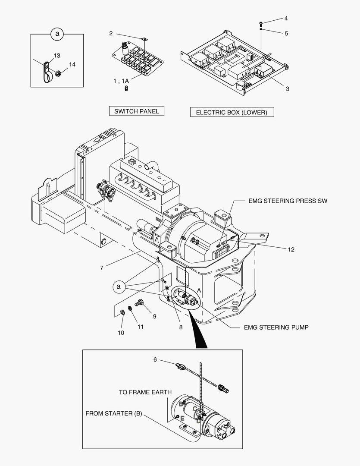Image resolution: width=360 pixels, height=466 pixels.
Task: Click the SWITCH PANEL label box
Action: click(x=136, y=111)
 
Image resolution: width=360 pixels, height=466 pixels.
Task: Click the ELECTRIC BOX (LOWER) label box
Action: click(x=232, y=112)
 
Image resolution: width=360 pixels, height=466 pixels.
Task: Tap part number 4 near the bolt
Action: click(x=286, y=19)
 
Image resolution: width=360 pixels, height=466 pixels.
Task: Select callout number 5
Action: click(x=286, y=33)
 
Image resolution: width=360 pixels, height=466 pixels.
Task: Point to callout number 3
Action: click(x=287, y=89)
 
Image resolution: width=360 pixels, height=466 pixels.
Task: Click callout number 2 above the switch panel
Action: click(x=111, y=33)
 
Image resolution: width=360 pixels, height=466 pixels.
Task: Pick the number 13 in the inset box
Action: click(x=57, y=56)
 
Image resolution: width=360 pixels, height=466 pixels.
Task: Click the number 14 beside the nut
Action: click(x=72, y=64)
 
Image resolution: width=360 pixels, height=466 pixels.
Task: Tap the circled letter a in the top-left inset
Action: click(x=57, y=33)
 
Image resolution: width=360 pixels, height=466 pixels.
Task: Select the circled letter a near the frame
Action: click(x=120, y=286)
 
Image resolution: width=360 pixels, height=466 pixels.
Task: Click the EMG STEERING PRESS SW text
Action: click(x=288, y=201)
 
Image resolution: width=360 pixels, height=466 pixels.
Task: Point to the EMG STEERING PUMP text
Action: click(x=276, y=327)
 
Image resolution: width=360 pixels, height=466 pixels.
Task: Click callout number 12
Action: click(x=291, y=249)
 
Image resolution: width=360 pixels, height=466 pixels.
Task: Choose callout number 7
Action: click(x=101, y=268)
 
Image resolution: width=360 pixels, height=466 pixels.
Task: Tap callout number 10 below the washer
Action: click(x=121, y=333)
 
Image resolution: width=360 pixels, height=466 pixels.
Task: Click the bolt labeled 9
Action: click(x=140, y=303)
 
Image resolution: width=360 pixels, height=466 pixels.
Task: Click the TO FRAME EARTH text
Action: click(x=145, y=392)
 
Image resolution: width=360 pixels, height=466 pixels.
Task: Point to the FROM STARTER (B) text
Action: click(x=113, y=413)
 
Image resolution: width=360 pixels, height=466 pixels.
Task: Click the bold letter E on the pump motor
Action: click(x=182, y=419)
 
